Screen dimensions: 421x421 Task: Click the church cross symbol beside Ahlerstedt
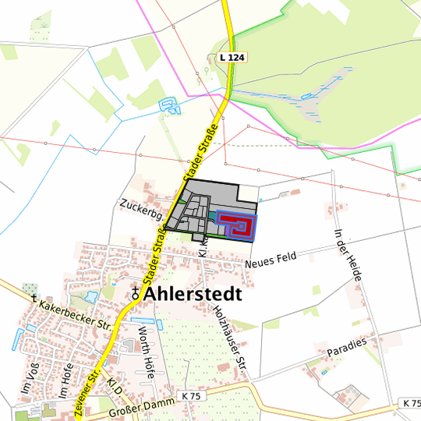click(136, 294)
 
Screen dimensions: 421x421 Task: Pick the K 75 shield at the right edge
click(412, 403)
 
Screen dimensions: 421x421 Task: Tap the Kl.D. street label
click(117, 387)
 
